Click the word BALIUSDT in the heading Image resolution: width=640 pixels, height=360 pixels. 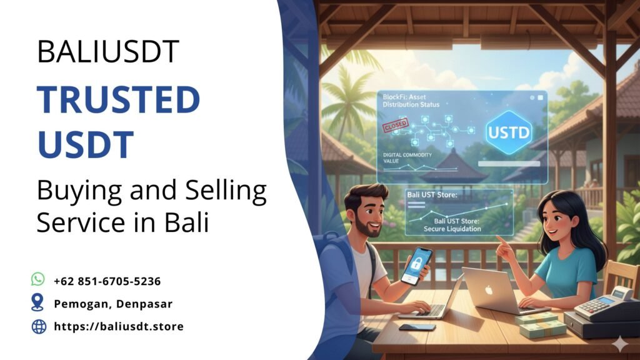pos(108,51)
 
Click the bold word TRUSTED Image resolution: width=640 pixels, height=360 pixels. pos(118,99)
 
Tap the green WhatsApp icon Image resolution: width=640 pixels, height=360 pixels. pos(39,280)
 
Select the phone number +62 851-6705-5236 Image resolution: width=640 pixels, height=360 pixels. pos(107,281)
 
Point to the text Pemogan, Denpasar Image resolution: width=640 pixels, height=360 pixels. pos(113,304)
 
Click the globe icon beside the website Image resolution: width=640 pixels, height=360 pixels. pos(39,326)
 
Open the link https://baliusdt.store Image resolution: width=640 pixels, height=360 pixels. pos(119,326)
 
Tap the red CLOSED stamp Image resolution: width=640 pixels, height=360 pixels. pos(394,126)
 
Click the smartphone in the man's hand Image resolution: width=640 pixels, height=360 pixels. pos(416,266)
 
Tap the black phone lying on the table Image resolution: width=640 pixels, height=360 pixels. pos(417,327)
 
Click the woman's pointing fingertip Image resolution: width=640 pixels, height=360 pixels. pos(497,238)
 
